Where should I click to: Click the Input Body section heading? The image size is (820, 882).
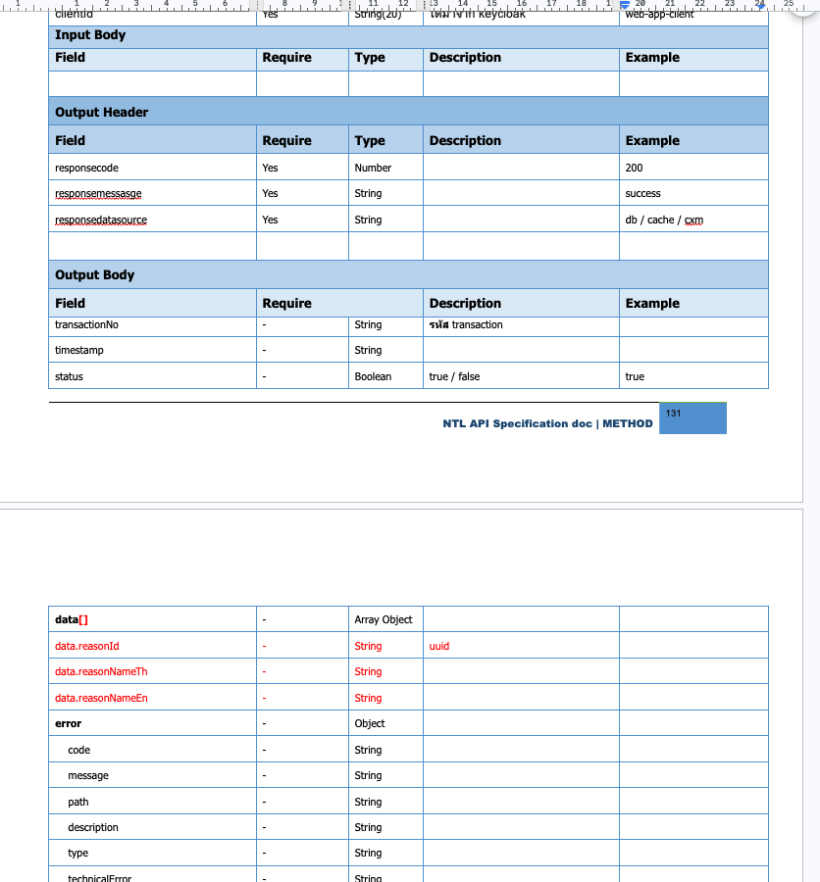90,35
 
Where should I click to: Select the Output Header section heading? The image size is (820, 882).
102,112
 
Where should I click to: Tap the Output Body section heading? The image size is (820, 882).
95,274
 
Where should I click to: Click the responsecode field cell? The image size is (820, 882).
86,168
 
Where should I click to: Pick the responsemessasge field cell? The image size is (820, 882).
98,194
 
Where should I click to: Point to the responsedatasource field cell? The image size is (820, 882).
101,220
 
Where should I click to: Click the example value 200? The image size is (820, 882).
635,168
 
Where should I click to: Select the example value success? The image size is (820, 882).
643,194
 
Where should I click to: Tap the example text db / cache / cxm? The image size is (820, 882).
664,220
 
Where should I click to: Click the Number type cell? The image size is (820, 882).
373,168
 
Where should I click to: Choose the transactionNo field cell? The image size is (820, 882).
86,324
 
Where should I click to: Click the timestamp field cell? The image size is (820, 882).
79,350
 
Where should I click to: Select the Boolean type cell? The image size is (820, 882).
373,376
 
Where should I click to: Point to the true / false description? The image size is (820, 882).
455,376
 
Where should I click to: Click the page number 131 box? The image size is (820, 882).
692,418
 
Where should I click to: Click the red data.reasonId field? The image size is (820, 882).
87,646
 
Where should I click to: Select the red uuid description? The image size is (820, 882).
439,646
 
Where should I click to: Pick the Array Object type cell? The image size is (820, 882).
384,619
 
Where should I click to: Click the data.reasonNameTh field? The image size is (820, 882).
101,671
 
